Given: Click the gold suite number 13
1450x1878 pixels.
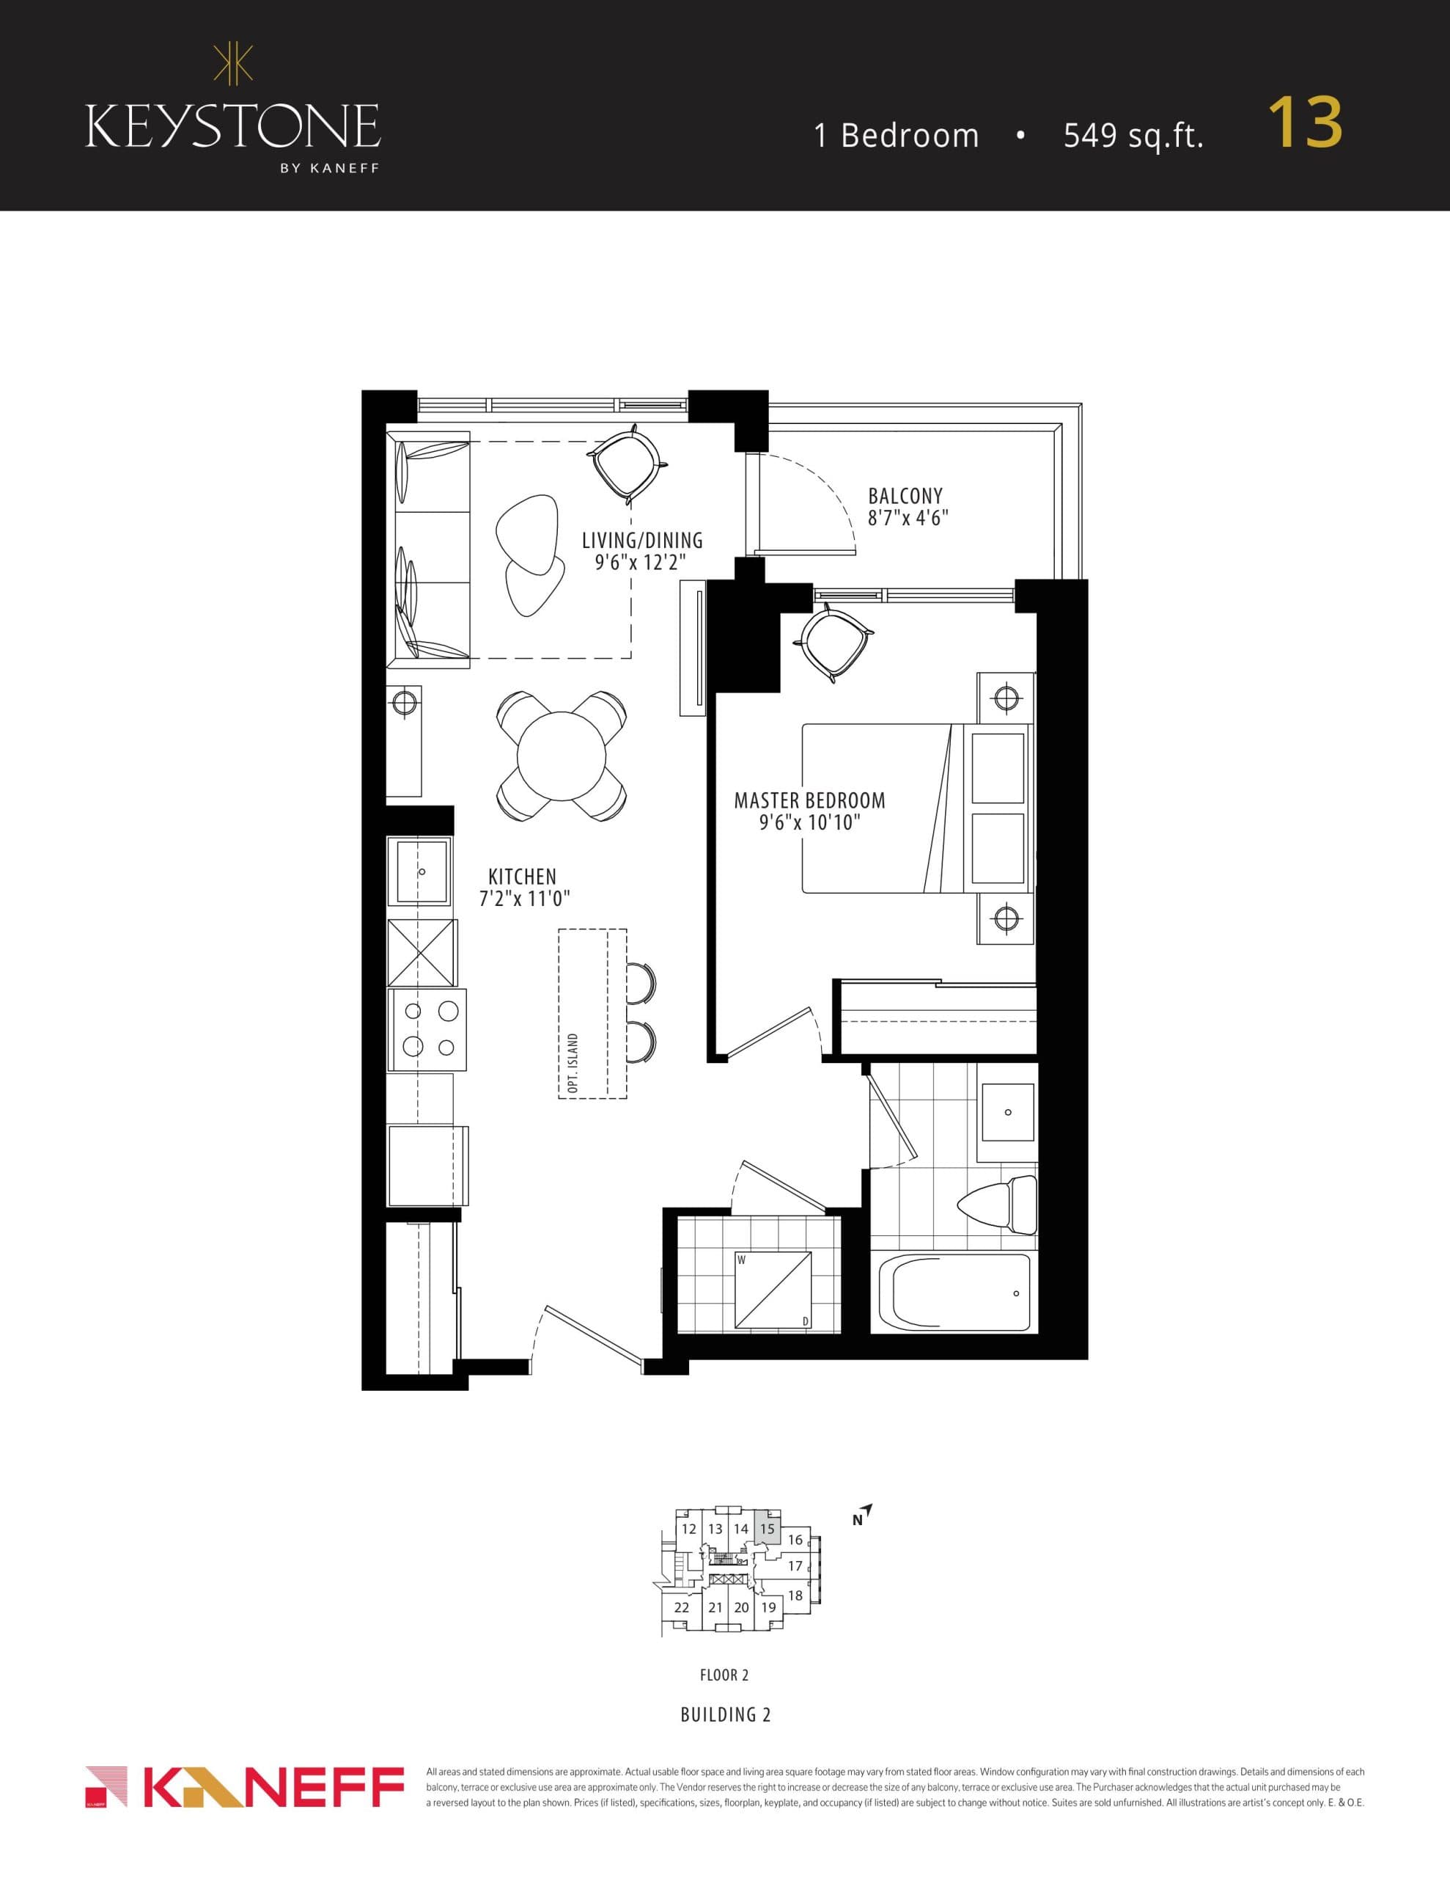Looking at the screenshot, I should point(1305,123).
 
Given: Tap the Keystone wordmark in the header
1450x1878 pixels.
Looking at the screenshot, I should point(232,127).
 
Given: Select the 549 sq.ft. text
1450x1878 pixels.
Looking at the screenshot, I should point(1133,136).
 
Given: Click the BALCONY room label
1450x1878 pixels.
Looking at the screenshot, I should point(905,496).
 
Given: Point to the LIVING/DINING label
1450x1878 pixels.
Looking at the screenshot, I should point(642,541).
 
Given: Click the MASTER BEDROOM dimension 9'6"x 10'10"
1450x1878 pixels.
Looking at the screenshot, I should point(809,823).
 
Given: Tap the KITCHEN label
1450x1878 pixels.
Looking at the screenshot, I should point(522,877).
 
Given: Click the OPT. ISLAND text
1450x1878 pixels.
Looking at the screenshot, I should point(573,1064).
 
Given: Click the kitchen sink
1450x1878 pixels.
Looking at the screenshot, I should point(419,872).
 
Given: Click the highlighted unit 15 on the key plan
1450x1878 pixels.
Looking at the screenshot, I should point(768,1529).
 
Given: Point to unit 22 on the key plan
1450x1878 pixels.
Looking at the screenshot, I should point(682,1607).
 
